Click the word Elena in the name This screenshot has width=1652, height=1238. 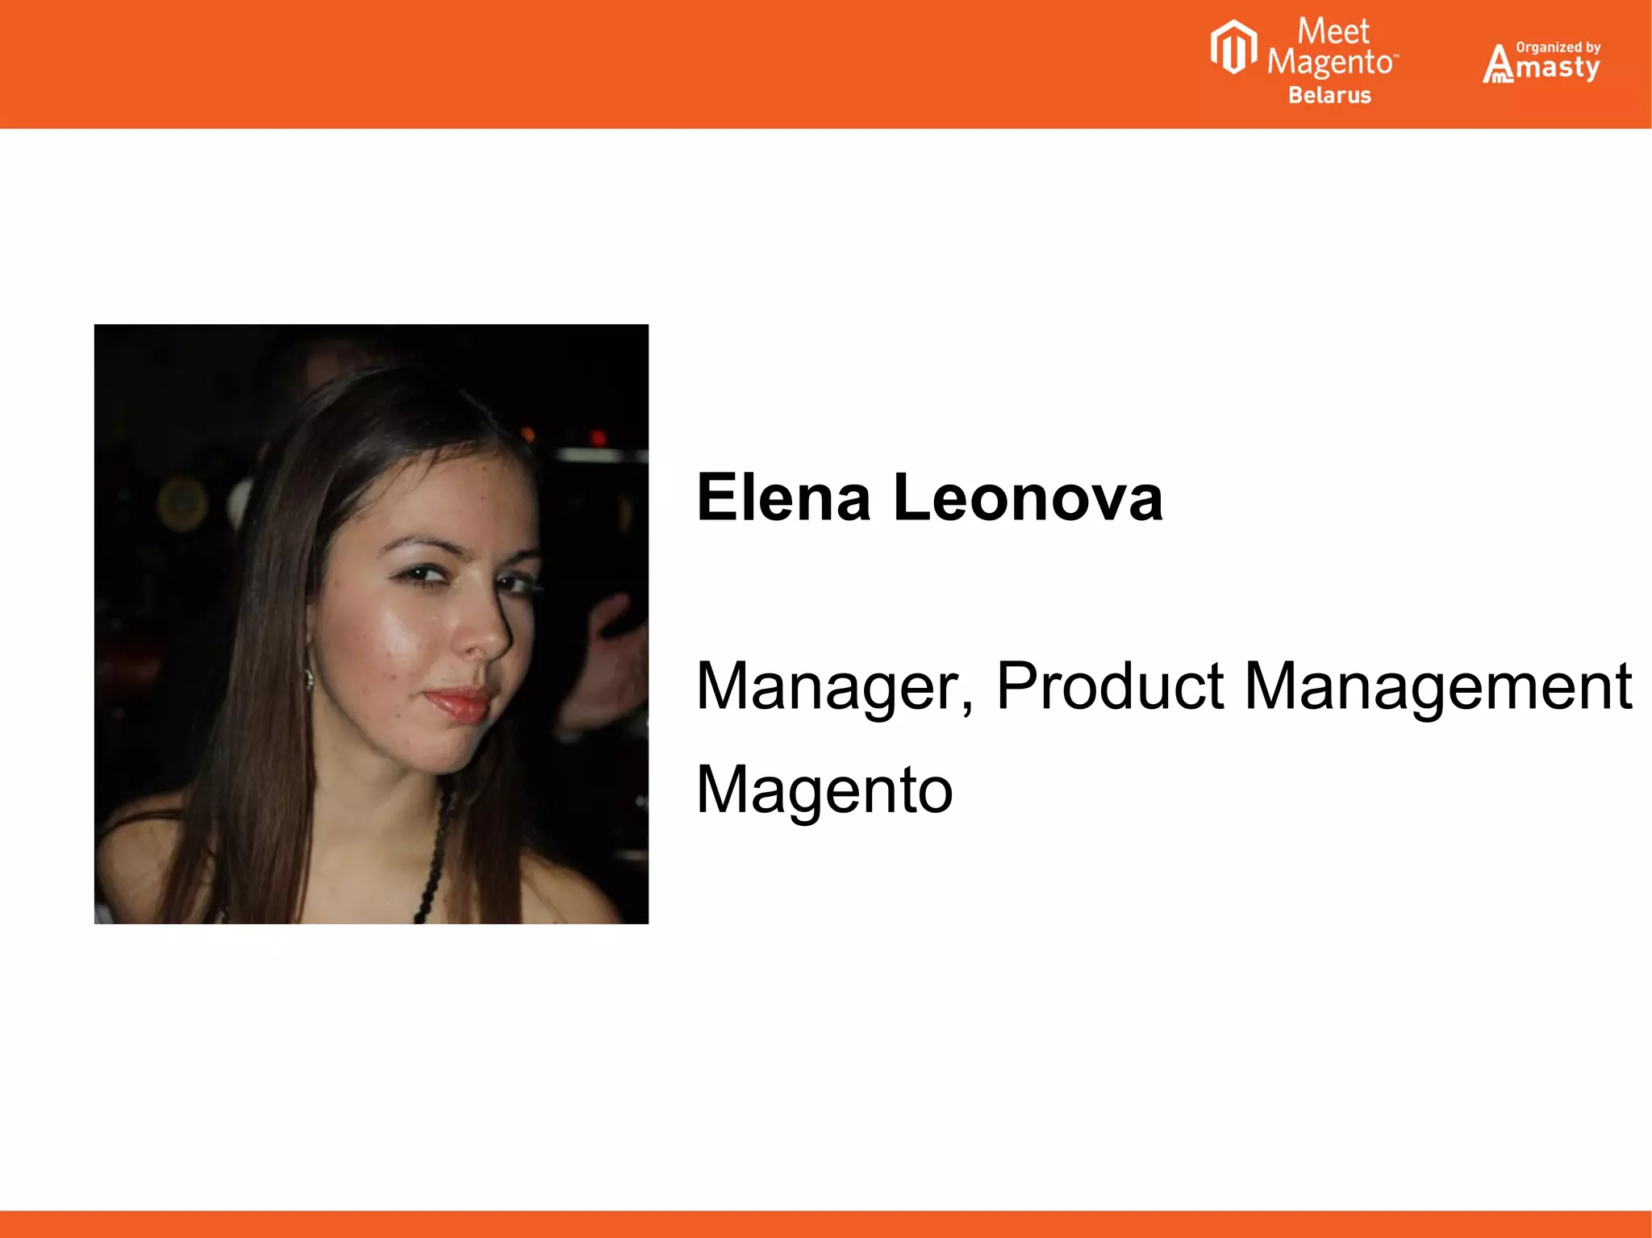coord(783,498)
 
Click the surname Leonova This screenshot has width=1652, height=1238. coord(1028,498)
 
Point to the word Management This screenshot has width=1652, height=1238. coord(1438,687)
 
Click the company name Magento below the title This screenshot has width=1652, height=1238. coord(824,790)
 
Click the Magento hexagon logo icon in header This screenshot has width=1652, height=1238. coord(1233,48)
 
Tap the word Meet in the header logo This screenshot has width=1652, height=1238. coord(1333,32)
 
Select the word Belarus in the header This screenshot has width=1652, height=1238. coord(1329,95)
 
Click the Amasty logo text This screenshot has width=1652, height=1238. coord(1557,67)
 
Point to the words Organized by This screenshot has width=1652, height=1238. coord(1558,48)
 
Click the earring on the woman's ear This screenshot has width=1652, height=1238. coord(309,679)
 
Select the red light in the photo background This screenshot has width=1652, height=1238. coord(598,438)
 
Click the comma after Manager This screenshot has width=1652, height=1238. coord(967,707)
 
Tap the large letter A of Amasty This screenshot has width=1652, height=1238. coord(1498,65)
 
